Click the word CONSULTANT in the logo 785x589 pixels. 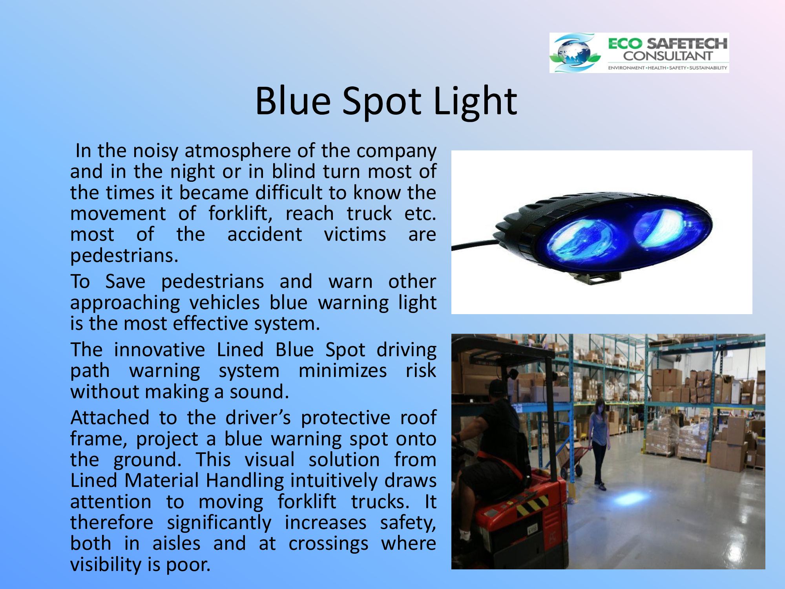pyautogui.click(x=667, y=56)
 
